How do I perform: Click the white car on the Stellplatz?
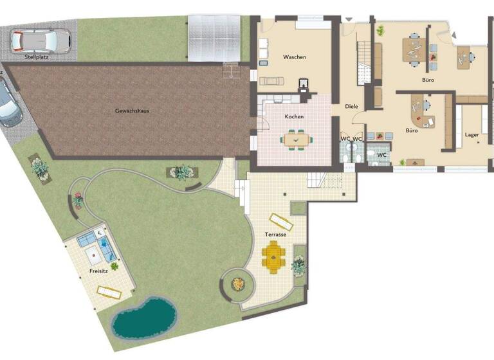pos(40,40)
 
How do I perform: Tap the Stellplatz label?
pos(37,57)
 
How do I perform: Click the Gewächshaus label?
pos(132,111)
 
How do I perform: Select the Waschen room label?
pos(295,57)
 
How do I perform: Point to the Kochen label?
pos(294,116)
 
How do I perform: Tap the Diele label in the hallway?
pos(351,106)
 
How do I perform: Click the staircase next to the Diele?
pos(364,62)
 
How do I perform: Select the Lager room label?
pos(472,135)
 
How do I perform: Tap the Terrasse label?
pos(275,235)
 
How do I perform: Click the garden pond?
pos(143,318)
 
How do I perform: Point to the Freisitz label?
pos(98,271)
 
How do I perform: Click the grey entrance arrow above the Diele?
pos(349,20)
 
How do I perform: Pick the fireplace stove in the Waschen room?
pos(304,84)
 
